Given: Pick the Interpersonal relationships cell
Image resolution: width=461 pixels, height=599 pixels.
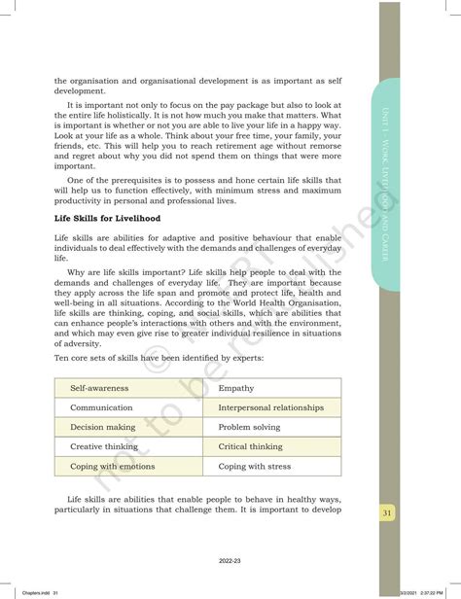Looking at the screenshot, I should (x=270, y=407).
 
